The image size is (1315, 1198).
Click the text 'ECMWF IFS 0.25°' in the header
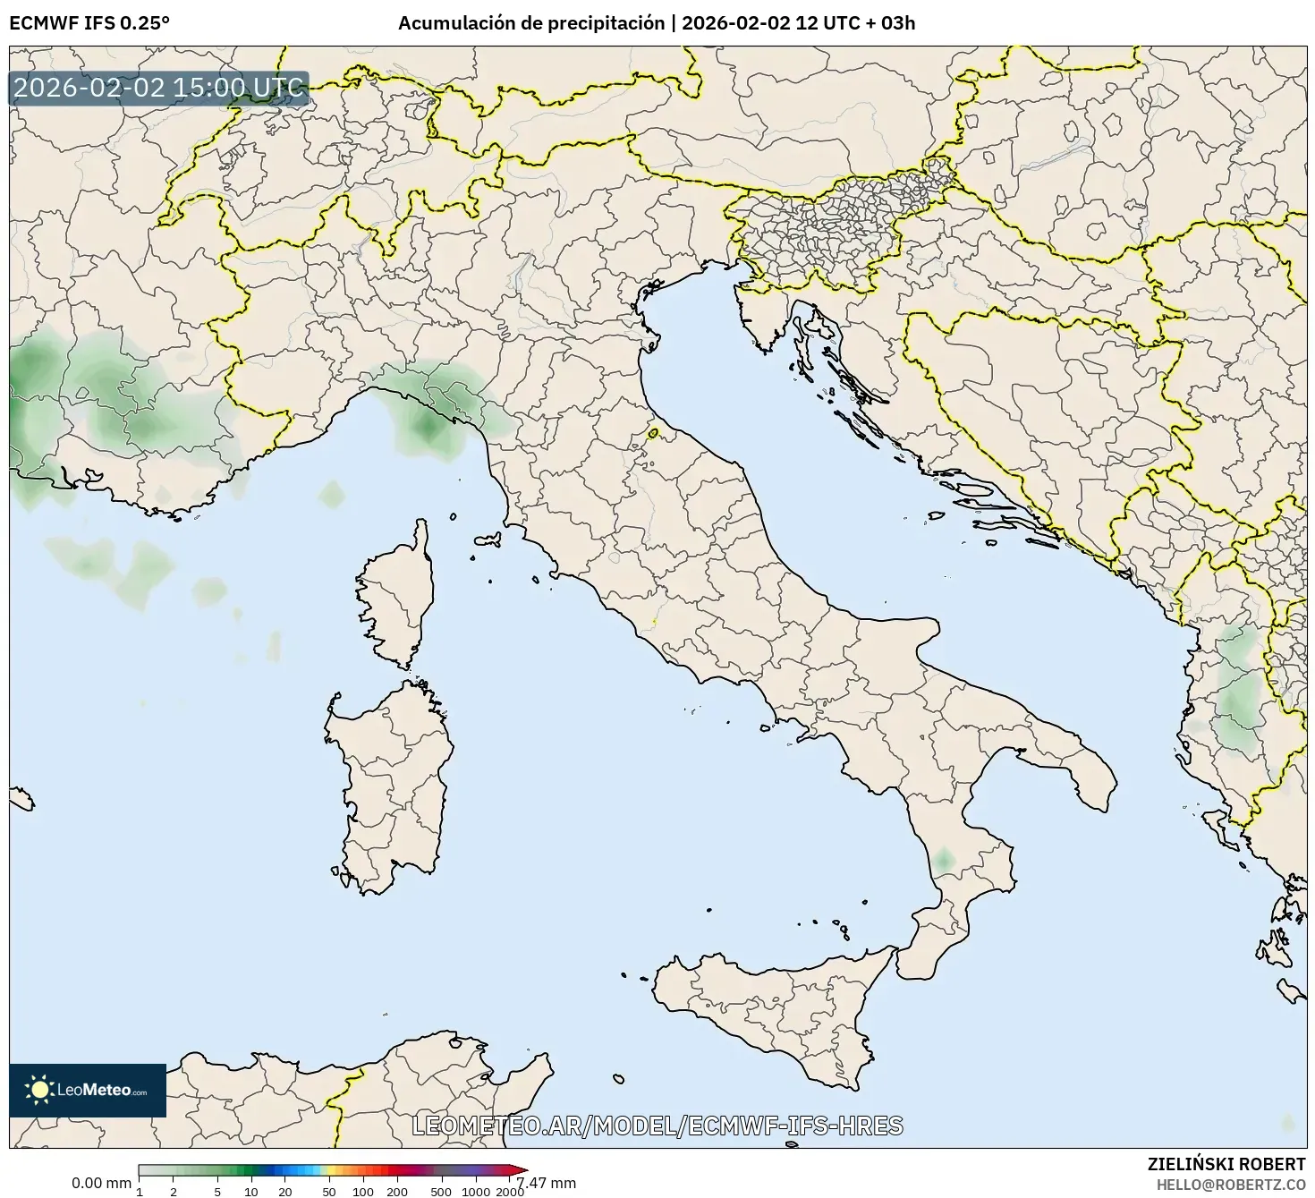(89, 23)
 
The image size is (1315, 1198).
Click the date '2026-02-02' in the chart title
(736, 23)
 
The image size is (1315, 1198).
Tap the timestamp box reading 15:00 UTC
(159, 89)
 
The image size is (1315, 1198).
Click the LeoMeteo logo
(88, 1090)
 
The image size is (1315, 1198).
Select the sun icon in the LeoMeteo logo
(39, 1090)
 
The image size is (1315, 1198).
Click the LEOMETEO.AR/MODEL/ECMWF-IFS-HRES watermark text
(657, 1126)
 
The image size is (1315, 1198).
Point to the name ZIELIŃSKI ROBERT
(1226, 1164)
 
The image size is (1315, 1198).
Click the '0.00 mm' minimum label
(101, 1183)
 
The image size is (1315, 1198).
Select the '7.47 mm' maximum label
(547, 1183)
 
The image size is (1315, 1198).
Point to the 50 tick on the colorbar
(329, 1192)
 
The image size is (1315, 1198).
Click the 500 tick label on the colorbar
(441, 1192)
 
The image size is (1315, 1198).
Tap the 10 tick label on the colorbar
(251, 1192)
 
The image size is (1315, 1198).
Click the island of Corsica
(398, 595)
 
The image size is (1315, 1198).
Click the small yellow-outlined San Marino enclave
(653, 434)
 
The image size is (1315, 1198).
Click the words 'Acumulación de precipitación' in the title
(531, 23)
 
